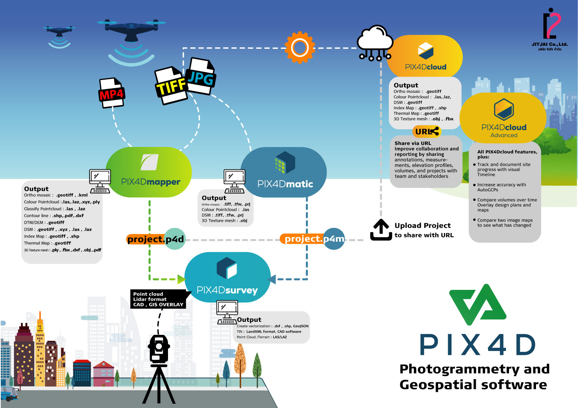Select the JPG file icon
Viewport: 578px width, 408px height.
point(201,77)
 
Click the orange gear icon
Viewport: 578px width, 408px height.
point(300,48)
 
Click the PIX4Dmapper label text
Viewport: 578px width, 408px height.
point(151,182)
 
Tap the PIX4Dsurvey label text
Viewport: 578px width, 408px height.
point(227,290)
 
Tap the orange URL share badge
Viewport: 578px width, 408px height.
point(427,132)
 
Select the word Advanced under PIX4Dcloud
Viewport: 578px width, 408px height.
point(504,135)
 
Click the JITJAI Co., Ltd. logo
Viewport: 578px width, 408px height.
point(550,29)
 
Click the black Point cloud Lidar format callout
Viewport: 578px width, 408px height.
point(159,299)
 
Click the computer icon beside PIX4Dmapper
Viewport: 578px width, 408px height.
point(100,181)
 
